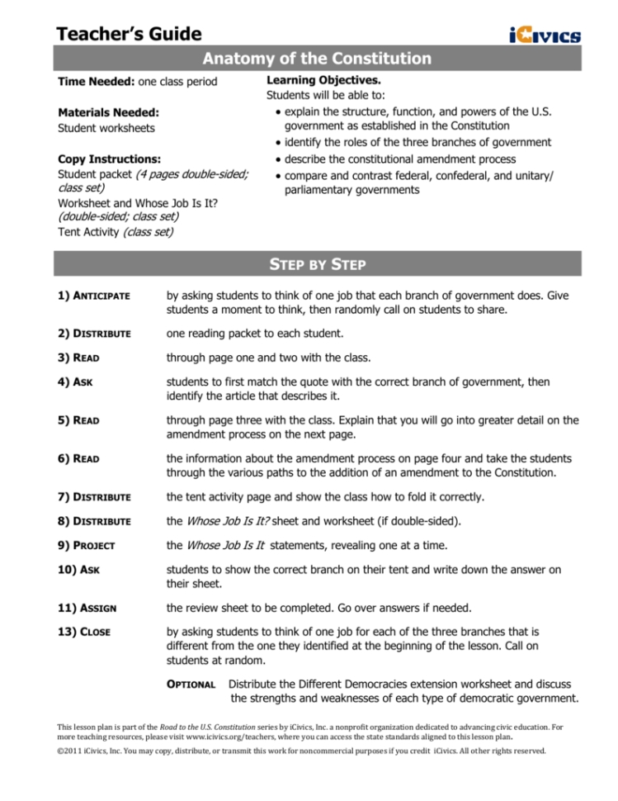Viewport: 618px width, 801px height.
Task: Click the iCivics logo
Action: (x=545, y=35)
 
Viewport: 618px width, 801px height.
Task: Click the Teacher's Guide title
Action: (x=129, y=34)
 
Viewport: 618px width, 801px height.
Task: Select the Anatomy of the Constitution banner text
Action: (x=317, y=59)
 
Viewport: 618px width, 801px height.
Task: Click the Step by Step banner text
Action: (x=318, y=265)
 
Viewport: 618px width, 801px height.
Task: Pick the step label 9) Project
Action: (x=86, y=545)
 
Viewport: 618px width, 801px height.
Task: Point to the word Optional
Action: (x=191, y=685)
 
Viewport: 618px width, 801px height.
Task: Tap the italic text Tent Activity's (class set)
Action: (x=147, y=232)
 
